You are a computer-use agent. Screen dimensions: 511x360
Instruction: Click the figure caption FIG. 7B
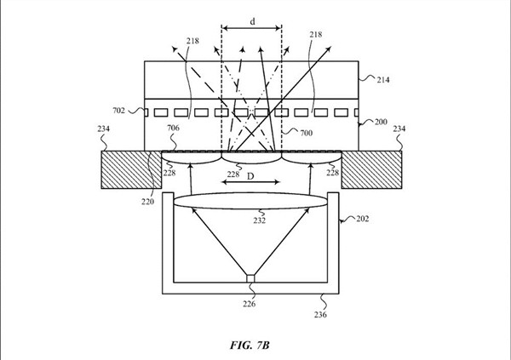click(250, 345)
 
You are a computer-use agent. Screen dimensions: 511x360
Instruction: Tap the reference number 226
click(249, 304)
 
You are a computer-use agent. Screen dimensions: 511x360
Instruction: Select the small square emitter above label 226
click(250, 278)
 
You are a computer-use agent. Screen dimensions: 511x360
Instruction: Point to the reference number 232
click(260, 220)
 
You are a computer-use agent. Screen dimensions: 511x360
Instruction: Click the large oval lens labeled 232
click(250, 201)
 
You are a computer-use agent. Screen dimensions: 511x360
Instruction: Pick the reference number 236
click(320, 315)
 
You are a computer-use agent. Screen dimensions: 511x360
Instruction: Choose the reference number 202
click(363, 219)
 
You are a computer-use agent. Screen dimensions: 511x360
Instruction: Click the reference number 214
click(383, 80)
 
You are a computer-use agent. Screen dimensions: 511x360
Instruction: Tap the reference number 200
click(381, 122)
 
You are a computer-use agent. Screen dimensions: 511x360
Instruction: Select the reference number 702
click(118, 111)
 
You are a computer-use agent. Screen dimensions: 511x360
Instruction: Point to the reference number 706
click(173, 128)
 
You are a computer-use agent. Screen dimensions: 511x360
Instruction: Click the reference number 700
click(306, 133)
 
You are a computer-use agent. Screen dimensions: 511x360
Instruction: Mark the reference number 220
click(147, 202)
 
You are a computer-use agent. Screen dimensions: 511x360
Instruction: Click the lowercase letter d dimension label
click(253, 21)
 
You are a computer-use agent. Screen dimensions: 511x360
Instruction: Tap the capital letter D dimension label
click(250, 176)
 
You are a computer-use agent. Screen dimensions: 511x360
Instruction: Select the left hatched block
click(132, 169)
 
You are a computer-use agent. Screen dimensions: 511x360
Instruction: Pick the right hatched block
click(371, 169)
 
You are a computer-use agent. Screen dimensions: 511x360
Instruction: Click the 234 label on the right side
click(399, 129)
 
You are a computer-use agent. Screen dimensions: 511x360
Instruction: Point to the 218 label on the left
click(192, 41)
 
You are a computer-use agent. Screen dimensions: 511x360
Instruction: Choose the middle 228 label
click(233, 174)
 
